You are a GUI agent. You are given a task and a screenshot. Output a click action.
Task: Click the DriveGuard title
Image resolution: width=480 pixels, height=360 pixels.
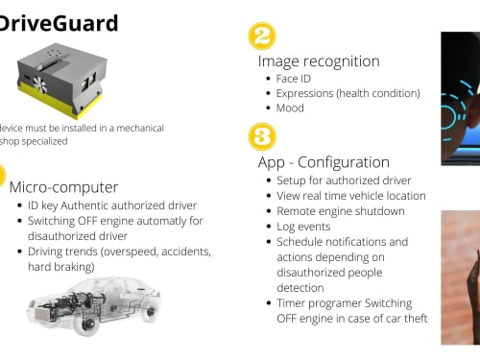(x=59, y=23)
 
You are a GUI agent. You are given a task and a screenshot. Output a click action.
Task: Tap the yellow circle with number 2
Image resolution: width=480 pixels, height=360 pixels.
(x=262, y=36)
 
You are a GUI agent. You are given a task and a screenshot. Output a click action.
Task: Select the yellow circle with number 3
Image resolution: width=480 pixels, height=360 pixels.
(x=262, y=136)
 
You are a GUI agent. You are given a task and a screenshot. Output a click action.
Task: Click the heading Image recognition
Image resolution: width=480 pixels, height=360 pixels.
(x=319, y=61)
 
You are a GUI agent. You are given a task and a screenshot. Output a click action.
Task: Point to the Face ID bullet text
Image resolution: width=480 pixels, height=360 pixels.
(x=294, y=79)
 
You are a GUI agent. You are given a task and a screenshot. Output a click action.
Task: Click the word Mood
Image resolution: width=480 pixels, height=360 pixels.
(x=290, y=108)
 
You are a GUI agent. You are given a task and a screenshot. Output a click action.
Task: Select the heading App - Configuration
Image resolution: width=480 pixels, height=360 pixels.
(x=324, y=162)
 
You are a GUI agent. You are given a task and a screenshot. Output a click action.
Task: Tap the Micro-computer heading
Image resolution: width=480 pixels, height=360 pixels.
(x=63, y=187)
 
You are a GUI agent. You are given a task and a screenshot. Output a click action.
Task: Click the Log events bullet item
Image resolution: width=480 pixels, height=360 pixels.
(x=303, y=227)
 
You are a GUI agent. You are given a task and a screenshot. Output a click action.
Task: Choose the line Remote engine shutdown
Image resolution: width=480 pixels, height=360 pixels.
(x=341, y=211)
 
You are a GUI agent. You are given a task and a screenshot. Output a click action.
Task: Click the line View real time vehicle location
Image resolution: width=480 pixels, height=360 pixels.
(x=351, y=196)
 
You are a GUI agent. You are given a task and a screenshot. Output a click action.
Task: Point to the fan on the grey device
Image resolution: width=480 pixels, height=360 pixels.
(x=39, y=84)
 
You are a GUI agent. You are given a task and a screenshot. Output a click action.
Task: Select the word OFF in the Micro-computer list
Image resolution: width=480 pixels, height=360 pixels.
(x=86, y=221)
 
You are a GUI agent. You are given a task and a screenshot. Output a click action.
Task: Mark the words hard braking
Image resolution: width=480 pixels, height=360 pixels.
(x=61, y=267)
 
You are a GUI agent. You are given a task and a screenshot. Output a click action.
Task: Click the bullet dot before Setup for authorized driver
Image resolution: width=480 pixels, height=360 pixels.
(x=269, y=180)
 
